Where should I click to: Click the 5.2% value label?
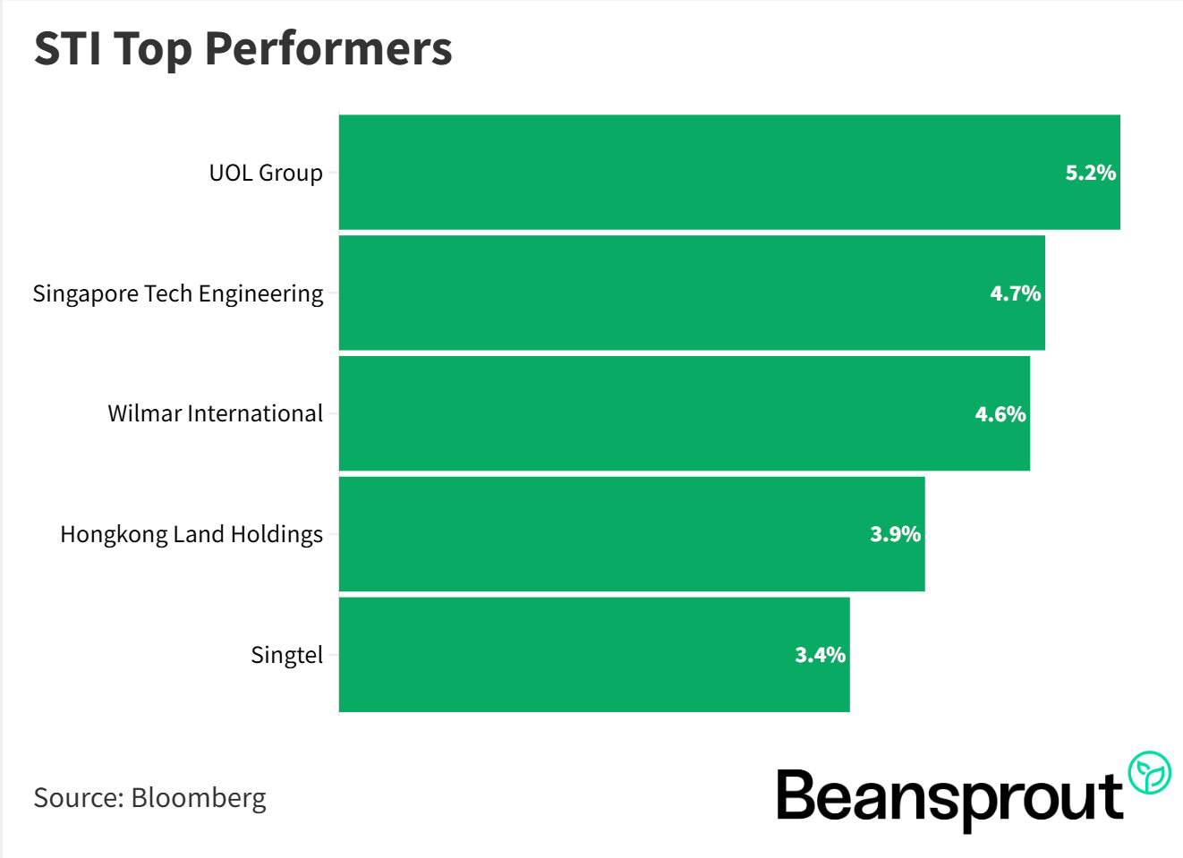[x=1090, y=173]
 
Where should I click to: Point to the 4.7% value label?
[x=1015, y=293]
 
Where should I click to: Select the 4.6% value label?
[x=1000, y=414]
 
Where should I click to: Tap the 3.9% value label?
[x=895, y=534]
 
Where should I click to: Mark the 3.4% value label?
[x=820, y=655]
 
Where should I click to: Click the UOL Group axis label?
[x=266, y=173]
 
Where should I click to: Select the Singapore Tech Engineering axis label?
[x=178, y=293]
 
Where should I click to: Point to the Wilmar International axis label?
[x=215, y=413]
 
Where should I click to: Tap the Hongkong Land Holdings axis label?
[x=191, y=534]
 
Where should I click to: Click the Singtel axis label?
[x=286, y=655]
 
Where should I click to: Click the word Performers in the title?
[x=328, y=48]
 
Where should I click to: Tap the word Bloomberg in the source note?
[x=199, y=797]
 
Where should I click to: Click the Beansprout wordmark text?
[x=949, y=796]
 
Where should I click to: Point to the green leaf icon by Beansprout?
[x=1149, y=773]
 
